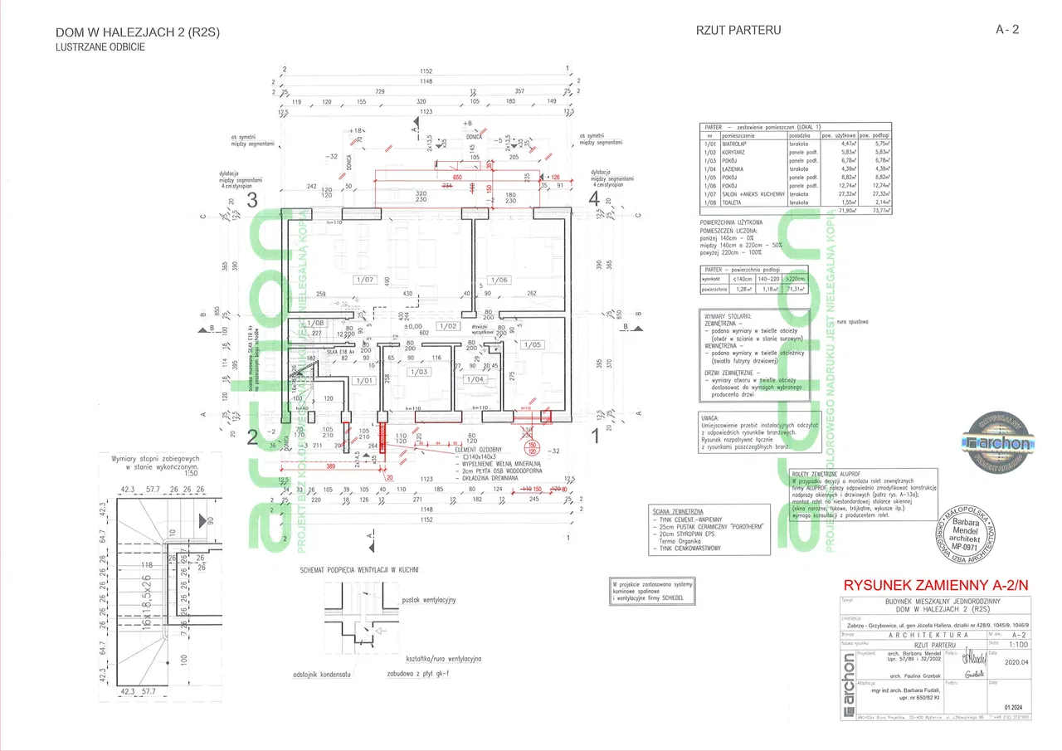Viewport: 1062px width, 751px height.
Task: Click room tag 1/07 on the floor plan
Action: pos(365,279)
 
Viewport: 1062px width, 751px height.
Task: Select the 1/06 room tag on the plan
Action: pos(499,279)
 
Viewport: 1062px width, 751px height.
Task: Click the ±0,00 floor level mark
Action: pos(413,326)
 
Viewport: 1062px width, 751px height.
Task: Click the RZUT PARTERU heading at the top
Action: pos(739,31)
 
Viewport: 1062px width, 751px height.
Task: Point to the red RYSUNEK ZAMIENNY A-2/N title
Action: pos(934,583)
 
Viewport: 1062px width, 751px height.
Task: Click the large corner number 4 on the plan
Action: pos(594,199)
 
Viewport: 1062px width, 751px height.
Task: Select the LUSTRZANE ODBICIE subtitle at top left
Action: pos(100,47)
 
